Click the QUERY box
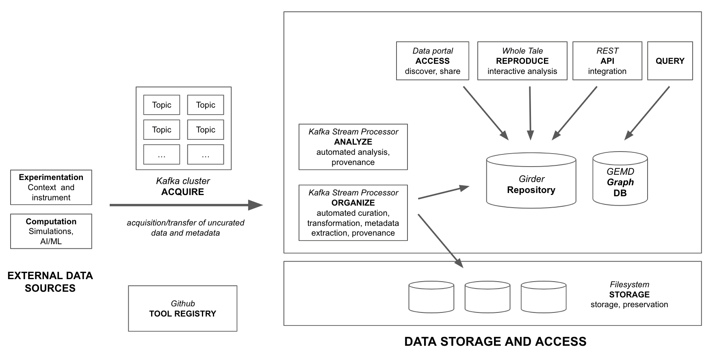pos(669,61)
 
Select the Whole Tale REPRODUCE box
pos(522,61)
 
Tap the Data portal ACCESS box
pos(432,61)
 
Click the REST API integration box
pos(607,61)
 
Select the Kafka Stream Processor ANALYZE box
pos(353,147)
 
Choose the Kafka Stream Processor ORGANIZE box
pos(353,213)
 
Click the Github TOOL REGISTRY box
pos(182,308)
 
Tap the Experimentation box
pos(51,187)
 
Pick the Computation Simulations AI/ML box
pos(51,231)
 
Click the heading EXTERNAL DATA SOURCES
pos(50,282)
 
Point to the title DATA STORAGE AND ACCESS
pos(495,342)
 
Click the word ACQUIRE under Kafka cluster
pos(182,192)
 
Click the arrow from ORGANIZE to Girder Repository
pos(443,193)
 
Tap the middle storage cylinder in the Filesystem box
pos(487,297)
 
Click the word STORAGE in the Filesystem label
pos(629,295)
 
